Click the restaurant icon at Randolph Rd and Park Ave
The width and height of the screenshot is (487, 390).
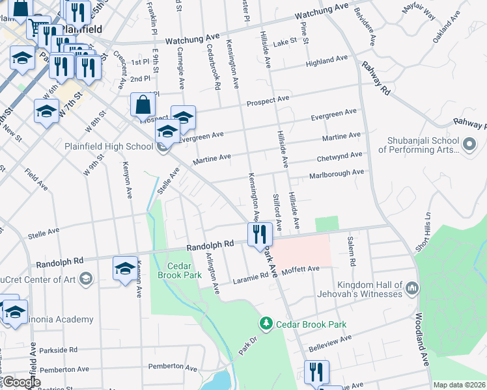260,235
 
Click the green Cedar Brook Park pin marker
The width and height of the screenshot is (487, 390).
266,323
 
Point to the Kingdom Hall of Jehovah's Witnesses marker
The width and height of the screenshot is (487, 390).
411,287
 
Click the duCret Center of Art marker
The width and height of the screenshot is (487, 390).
85,279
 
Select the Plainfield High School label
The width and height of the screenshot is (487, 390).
109,146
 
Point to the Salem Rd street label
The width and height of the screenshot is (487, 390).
352,252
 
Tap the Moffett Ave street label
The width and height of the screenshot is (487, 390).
300,269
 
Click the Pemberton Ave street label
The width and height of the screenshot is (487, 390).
173,367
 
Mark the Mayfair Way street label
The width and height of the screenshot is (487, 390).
420,12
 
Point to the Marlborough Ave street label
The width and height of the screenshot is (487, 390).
336,173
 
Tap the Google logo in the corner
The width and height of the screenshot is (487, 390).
21,382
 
